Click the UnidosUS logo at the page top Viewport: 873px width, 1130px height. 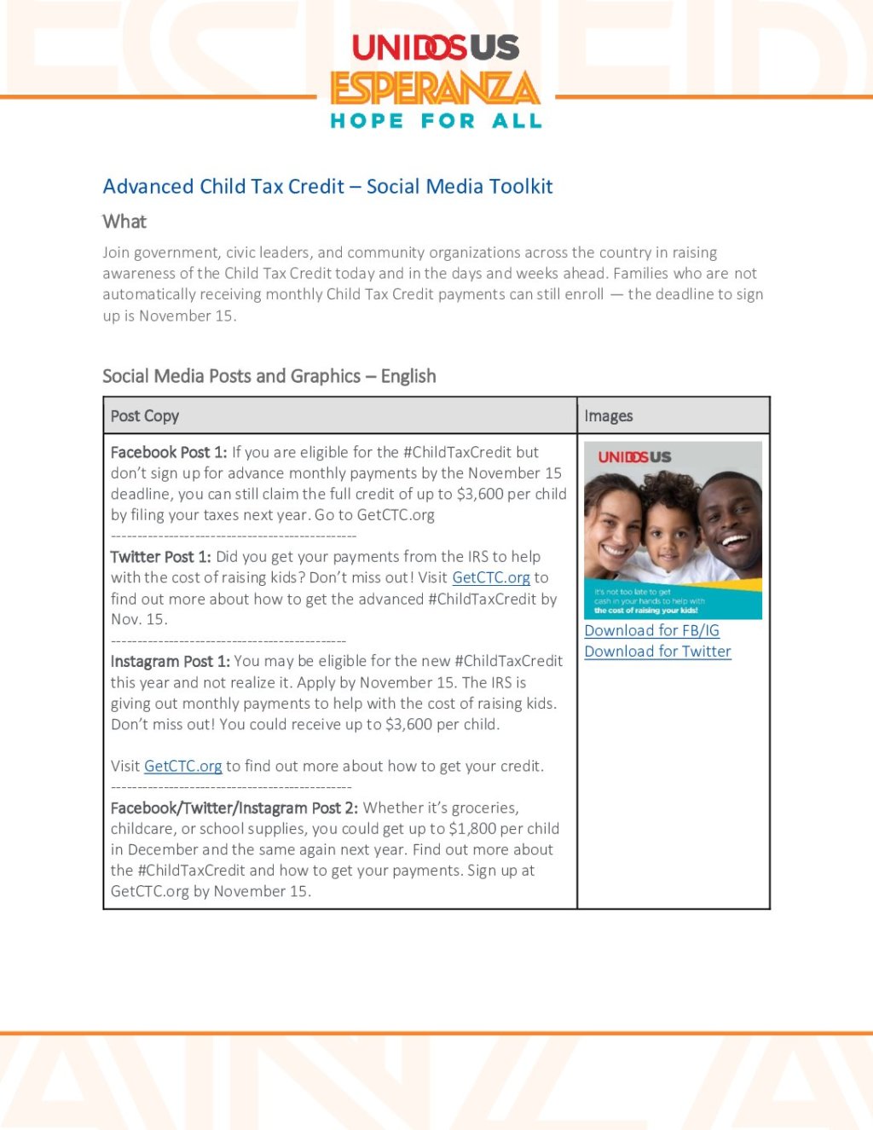click(x=436, y=48)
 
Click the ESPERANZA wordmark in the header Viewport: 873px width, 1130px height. click(x=435, y=88)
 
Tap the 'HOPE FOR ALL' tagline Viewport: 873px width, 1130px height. click(x=436, y=121)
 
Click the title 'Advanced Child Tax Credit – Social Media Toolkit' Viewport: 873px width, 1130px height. click(x=327, y=187)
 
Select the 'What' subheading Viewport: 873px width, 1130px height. click(x=124, y=222)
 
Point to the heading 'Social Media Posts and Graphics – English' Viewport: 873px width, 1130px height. click(x=269, y=376)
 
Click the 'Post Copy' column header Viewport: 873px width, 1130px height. click(x=145, y=416)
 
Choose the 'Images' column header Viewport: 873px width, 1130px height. click(x=609, y=416)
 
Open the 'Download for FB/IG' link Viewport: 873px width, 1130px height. click(x=652, y=630)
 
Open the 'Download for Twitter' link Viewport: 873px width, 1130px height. click(x=658, y=652)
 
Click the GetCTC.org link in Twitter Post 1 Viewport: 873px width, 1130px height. click(x=491, y=578)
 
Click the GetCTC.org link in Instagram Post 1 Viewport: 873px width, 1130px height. click(x=183, y=766)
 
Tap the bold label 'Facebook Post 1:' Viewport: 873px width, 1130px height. click(x=169, y=452)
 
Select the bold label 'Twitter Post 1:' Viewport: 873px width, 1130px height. click(x=161, y=557)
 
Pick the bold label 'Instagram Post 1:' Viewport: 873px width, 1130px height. click(x=171, y=661)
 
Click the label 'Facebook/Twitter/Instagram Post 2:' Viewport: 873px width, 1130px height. click(x=234, y=808)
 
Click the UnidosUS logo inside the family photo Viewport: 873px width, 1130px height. click(x=634, y=457)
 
